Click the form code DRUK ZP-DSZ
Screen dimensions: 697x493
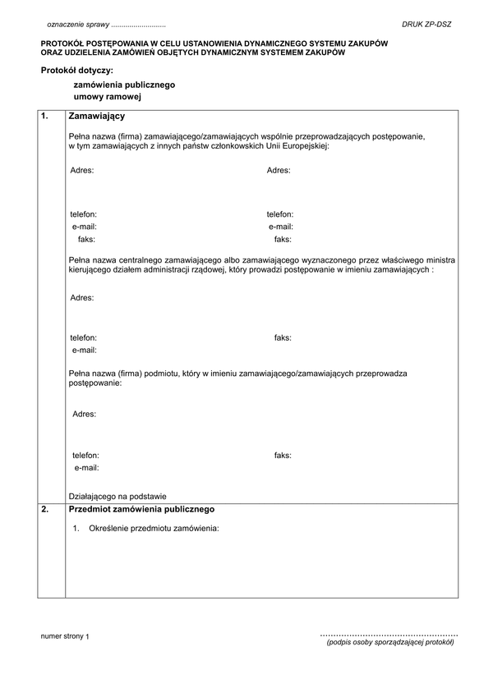pyautogui.click(x=426, y=25)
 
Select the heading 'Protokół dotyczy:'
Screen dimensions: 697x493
pyautogui.click(x=76, y=70)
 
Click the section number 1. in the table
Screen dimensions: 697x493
pyautogui.click(x=45, y=117)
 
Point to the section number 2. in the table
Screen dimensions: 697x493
pyautogui.click(x=45, y=509)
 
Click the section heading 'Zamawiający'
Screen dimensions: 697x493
pyautogui.click(x=96, y=117)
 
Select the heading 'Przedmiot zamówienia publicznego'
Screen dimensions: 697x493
pyautogui.click(x=141, y=509)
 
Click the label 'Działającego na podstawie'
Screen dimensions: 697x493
pyautogui.click(x=118, y=496)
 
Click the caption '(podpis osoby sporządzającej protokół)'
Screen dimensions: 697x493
pyautogui.click(x=389, y=643)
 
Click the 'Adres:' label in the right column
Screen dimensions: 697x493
pyautogui.click(x=279, y=170)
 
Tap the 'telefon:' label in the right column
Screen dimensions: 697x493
pyautogui.click(x=280, y=213)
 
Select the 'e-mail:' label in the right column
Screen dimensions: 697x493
pyautogui.click(x=281, y=227)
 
